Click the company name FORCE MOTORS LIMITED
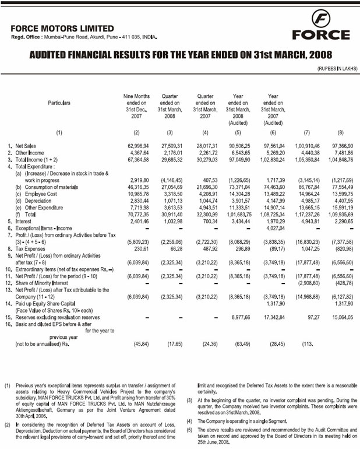point(62,28)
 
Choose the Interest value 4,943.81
point(306,222)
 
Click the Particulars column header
point(59,103)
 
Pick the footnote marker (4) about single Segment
point(189,420)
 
